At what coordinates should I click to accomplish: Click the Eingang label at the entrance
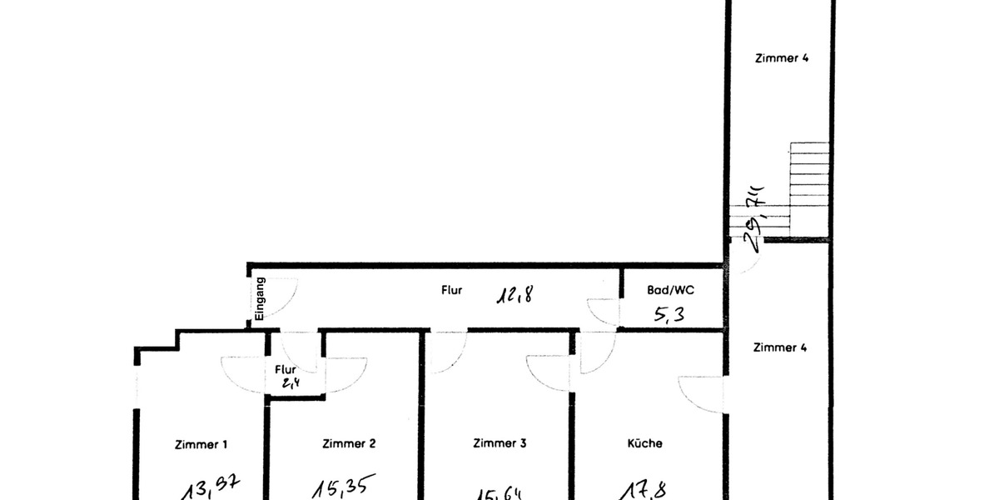(260, 298)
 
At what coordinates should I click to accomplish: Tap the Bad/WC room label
(670, 291)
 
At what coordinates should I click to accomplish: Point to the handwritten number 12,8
(515, 293)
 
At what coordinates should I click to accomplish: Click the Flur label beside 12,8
(451, 291)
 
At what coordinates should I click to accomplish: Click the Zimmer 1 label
(201, 445)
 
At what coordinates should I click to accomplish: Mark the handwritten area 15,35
(344, 486)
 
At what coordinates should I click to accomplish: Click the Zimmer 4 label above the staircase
(782, 58)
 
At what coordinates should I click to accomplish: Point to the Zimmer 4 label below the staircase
(780, 347)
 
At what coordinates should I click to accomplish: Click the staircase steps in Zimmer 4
(809, 179)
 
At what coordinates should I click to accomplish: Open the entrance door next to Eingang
(281, 296)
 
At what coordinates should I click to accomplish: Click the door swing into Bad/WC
(603, 310)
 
